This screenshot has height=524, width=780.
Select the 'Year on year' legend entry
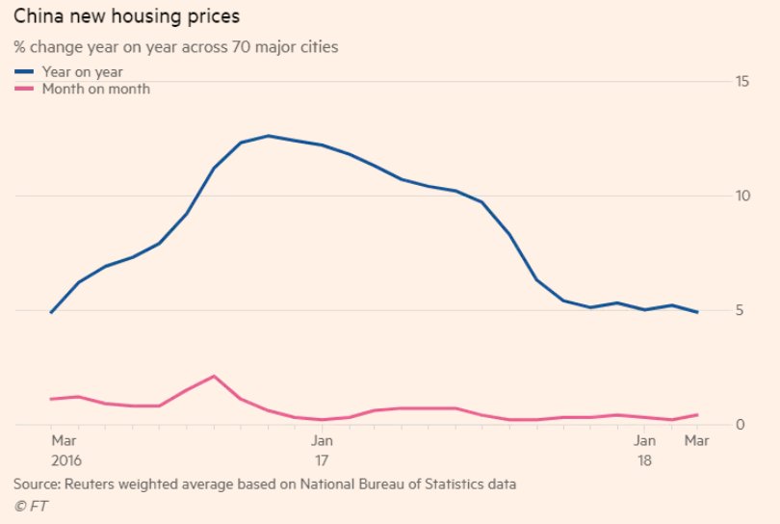(82, 71)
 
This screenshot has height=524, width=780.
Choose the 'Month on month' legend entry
(95, 89)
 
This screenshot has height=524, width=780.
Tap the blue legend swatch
(25, 71)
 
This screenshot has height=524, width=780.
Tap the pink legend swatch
(25, 89)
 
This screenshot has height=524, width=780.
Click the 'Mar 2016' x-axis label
(65, 451)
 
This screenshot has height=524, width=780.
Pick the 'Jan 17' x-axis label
(322, 451)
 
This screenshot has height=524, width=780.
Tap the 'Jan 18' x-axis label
(644, 451)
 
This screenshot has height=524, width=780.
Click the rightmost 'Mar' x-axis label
(696, 441)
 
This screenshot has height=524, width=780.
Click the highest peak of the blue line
(269, 136)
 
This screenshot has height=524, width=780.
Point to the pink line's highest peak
(214, 376)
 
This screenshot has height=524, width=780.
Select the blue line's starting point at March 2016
(51, 312)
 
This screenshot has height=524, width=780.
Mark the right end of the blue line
(697, 312)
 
